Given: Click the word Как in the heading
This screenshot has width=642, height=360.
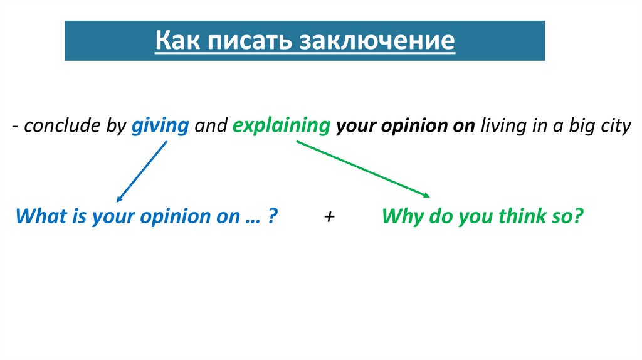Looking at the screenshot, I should click(x=178, y=41).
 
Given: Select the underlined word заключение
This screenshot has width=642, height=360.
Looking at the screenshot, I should click(x=376, y=41).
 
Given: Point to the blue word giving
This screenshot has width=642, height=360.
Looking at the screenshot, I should click(x=160, y=126).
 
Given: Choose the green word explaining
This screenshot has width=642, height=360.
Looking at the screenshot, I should click(x=281, y=126).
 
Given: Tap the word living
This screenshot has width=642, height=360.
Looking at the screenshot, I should click(x=503, y=126).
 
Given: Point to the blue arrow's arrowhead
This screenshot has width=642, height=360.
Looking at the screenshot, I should click(x=120, y=197).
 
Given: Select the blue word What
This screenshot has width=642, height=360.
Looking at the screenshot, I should click(x=38, y=217).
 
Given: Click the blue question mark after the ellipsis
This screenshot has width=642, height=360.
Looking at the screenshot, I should click(x=273, y=217).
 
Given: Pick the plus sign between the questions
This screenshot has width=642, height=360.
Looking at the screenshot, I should click(x=330, y=217).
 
